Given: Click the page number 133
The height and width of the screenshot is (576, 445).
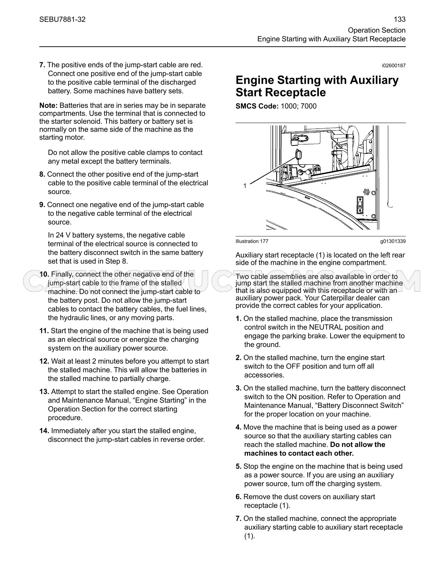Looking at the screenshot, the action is tap(400, 19).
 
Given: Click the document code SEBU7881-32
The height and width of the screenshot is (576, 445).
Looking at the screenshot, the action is tap(62, 19).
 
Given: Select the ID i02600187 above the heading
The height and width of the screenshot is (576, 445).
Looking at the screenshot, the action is tap(394, 66).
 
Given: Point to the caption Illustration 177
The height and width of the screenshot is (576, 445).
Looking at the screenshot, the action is tap(252, 241).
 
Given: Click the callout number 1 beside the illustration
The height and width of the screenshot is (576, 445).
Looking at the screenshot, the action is tap(245, 186).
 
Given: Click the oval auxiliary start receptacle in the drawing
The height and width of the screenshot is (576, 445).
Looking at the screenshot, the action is tap(297, 154).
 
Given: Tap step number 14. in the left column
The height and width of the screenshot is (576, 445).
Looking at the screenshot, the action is tap(44, 431).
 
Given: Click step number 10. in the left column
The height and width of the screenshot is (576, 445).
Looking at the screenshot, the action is tap(44, 274).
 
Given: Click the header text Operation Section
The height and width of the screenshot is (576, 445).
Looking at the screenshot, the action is tap(377, 30).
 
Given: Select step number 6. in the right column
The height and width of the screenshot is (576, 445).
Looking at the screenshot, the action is tap(239, 497).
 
